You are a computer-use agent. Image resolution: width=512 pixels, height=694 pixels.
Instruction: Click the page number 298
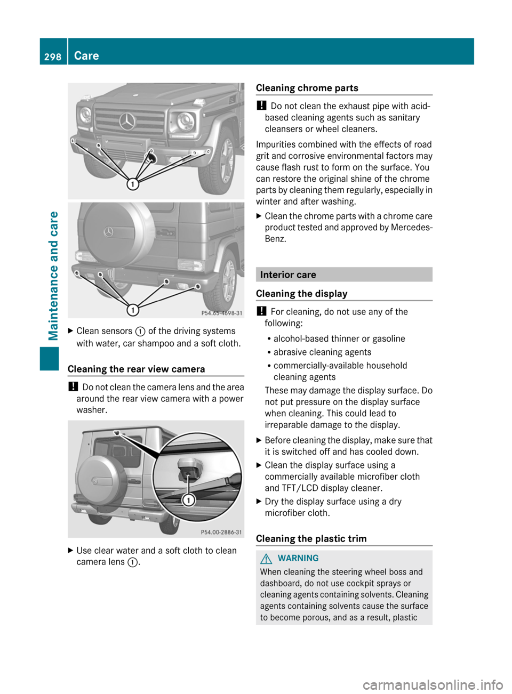click(53, 57)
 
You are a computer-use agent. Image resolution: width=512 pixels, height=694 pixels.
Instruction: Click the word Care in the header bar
click(86, 56)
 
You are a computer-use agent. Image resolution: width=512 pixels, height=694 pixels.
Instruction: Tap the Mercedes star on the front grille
click(127, 122)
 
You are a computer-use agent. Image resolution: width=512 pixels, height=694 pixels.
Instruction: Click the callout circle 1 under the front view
click(132, 184)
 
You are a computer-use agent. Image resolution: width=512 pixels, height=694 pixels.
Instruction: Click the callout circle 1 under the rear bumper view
click(132, 310)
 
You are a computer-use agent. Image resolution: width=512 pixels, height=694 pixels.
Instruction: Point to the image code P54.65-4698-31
click(221, 313)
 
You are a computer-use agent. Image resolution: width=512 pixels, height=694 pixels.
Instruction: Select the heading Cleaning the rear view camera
click(136, 369)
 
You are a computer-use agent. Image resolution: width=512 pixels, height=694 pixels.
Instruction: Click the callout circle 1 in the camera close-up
click(188, 500)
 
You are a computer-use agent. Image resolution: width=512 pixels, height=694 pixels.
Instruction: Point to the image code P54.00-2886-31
click(221, 532)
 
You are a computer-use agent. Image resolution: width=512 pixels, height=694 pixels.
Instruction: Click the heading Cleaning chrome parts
click(307, 88)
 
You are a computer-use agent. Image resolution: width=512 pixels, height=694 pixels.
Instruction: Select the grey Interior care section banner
click(343, 275)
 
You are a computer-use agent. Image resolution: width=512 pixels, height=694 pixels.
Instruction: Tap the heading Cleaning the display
click(301, 294)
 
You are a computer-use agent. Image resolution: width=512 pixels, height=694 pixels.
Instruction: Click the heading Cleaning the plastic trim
click(311, 538)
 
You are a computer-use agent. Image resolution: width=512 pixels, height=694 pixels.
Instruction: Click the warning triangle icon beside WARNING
click(266, 558)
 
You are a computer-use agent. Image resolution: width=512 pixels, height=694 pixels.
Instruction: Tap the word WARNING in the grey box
click(298, 558)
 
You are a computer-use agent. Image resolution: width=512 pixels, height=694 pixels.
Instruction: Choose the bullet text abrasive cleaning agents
click(322, 352)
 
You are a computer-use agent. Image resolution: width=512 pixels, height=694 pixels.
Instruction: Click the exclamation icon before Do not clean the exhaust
click(261, 106)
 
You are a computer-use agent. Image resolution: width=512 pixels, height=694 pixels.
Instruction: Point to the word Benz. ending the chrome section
click(275, 239)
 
